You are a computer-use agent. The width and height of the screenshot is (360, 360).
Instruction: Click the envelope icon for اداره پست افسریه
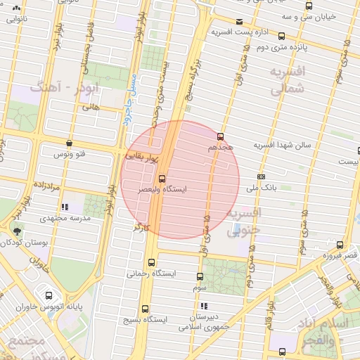240,21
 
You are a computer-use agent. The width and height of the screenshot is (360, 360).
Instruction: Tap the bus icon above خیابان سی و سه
309,6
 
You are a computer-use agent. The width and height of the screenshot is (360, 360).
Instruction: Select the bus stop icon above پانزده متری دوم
281,36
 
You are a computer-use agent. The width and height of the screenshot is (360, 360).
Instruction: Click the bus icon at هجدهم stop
221,136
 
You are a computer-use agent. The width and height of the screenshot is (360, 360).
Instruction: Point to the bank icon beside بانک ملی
262,176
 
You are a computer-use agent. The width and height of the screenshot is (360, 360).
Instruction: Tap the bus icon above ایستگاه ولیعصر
162,179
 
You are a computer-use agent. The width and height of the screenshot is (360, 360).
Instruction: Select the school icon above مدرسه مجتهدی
65,207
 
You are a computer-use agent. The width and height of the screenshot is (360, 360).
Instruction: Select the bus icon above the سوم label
200,276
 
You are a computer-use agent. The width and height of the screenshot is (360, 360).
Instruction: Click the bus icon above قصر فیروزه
340,245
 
